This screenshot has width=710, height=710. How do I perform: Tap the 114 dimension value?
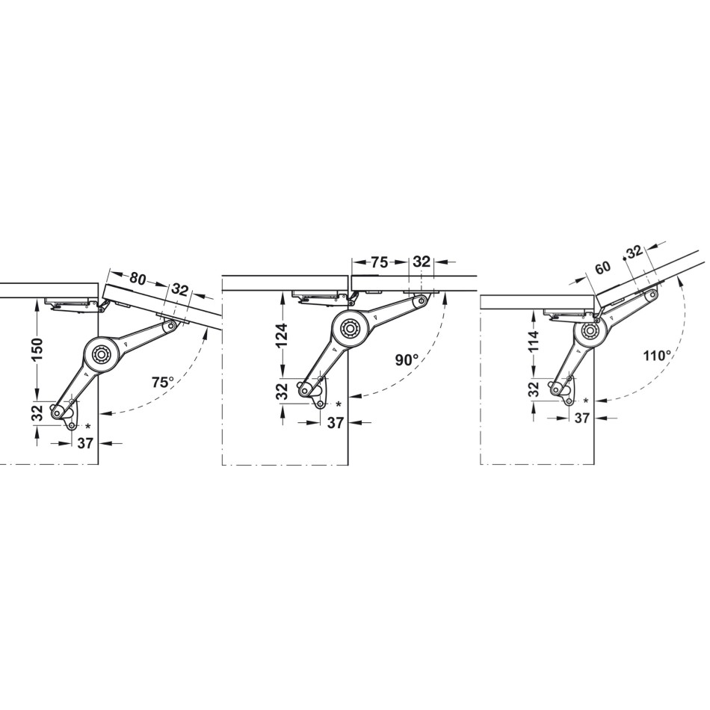click(534, 342)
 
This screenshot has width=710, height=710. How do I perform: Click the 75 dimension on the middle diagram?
click(379, 262)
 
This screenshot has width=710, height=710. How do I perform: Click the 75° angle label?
click(163, 383)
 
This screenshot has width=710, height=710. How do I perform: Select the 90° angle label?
click(407, 360)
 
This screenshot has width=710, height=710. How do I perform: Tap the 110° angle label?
click(657, 356)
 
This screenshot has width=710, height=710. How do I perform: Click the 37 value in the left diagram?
click(85, 444)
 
